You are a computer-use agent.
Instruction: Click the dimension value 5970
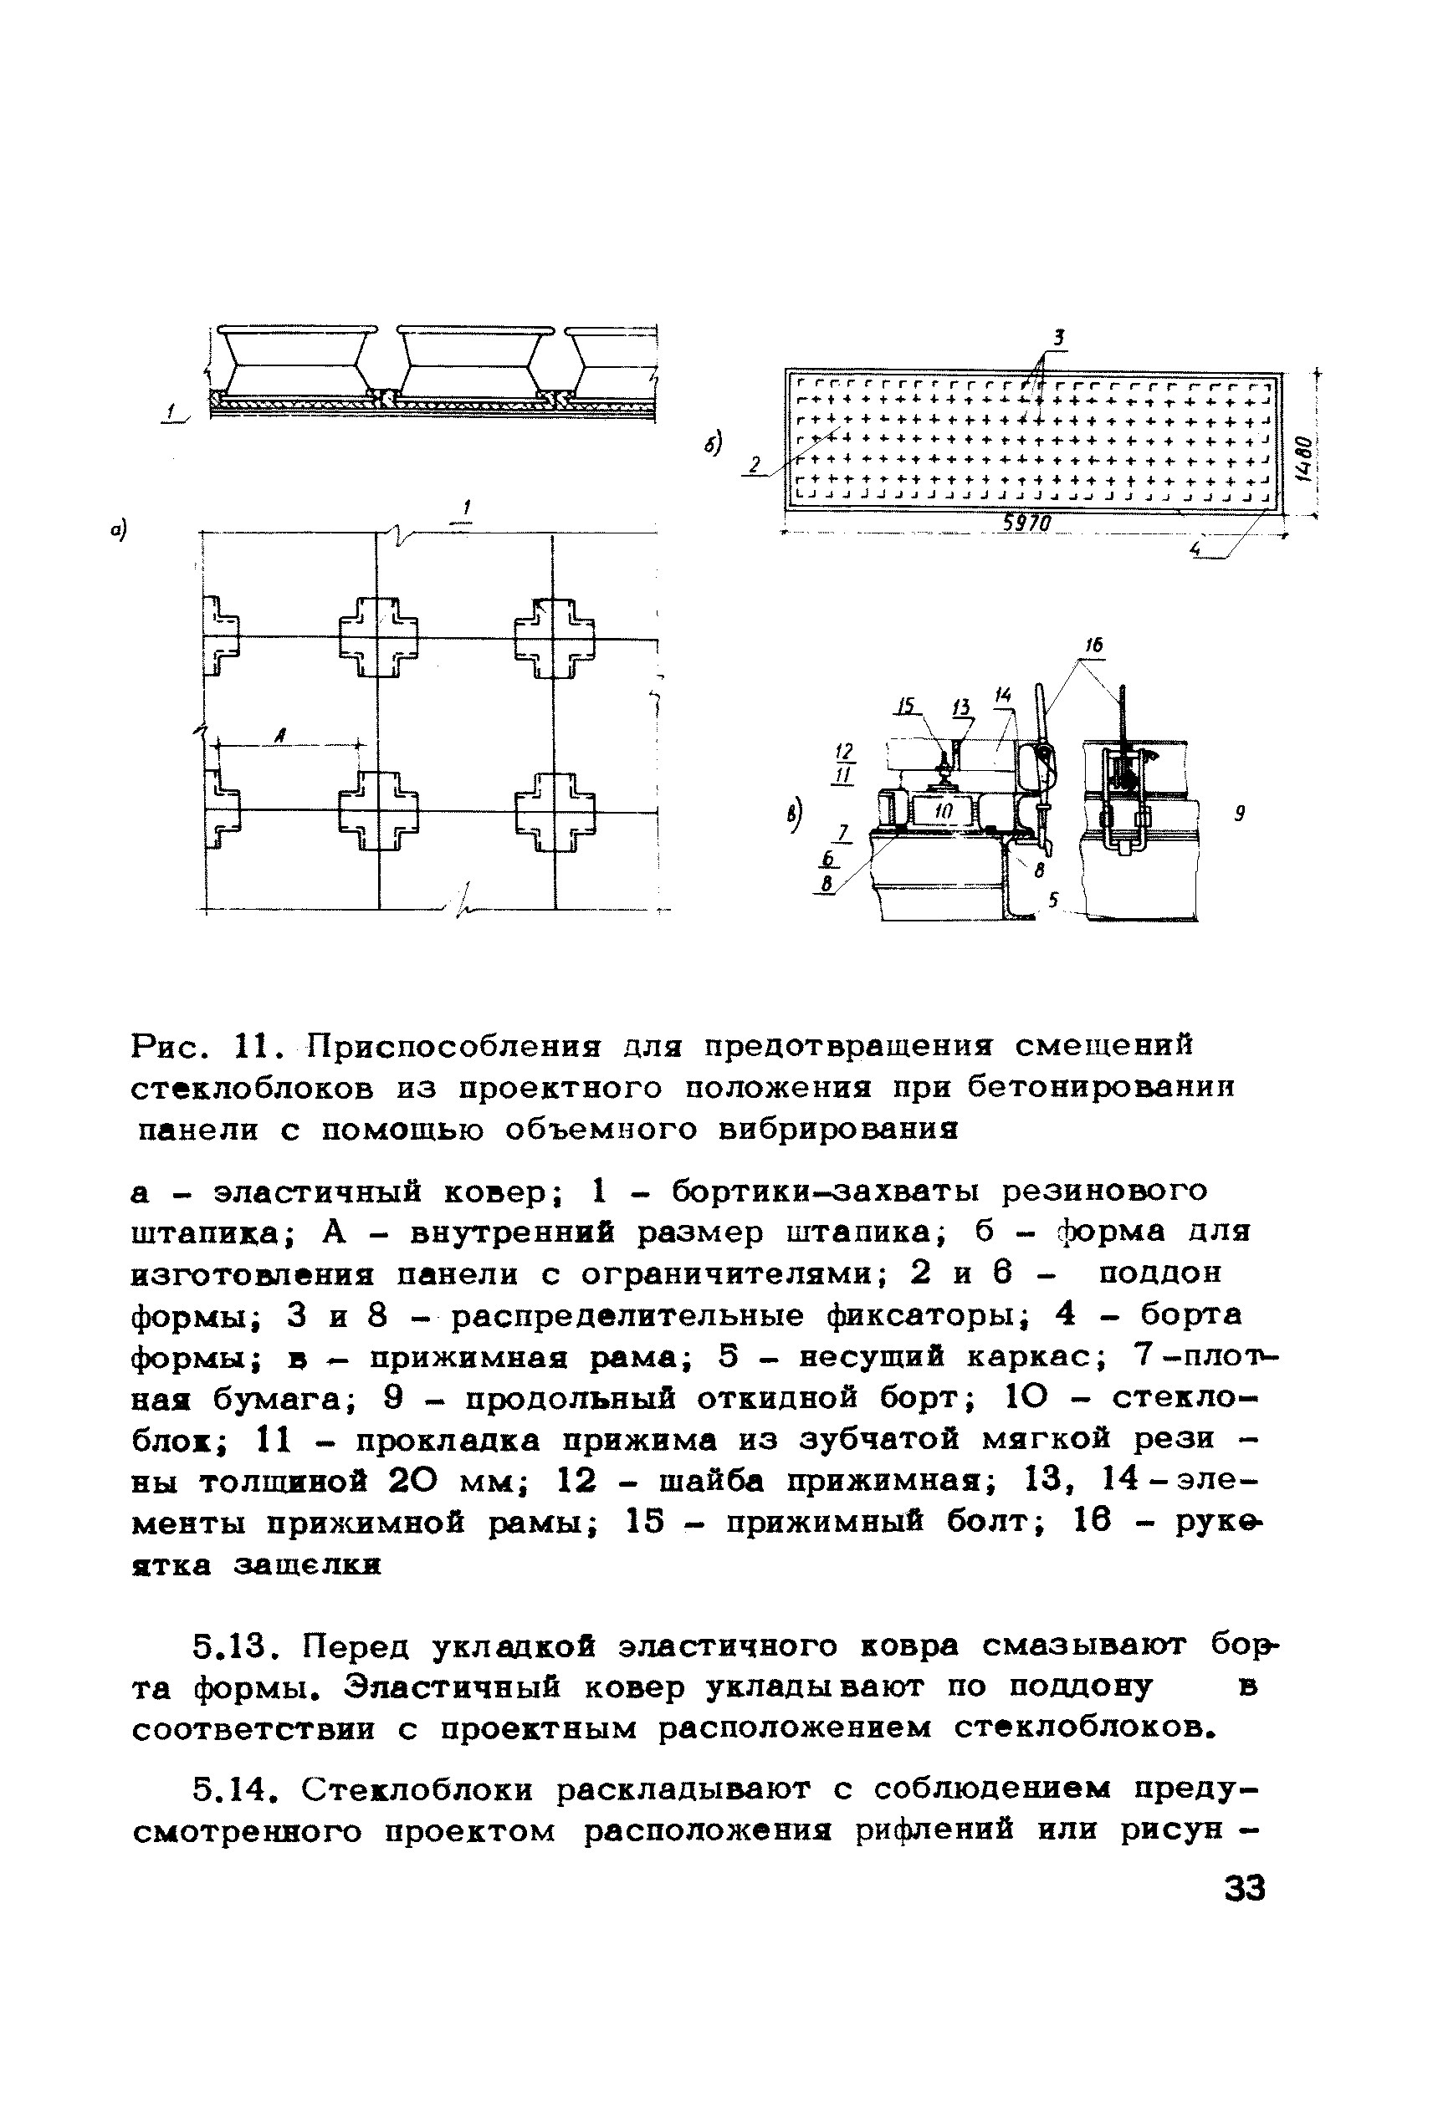[1028, 523]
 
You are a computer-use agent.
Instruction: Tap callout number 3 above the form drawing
[1058, 338]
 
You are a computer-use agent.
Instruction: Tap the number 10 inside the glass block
[942, 809]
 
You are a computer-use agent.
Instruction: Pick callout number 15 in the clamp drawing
[906, 707]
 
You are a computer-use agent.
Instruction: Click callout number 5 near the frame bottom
[1053, 900]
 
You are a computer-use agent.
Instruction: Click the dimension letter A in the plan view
[279, 733]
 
